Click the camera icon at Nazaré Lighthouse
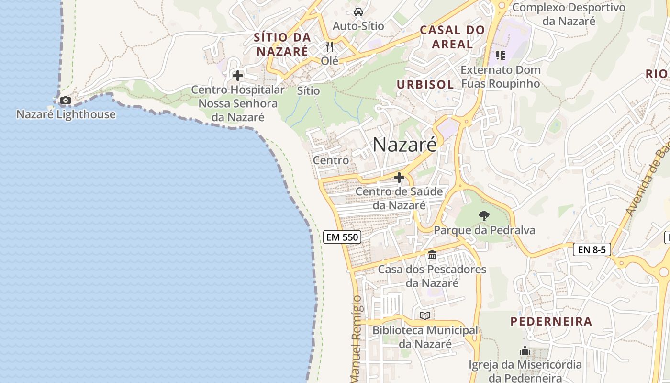pos(65,101)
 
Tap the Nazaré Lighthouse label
pos(66,114)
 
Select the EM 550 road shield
pos(342,237)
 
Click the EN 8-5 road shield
pos(592,249)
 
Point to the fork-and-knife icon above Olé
pos(329,46)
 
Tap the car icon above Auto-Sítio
pos(358,11)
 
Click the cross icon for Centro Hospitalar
pos(237,76)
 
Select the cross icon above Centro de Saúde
pos(399,178)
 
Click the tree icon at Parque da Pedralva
pos(484,216)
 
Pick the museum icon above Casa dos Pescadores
pos(432,255)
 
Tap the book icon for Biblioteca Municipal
pos(424,315)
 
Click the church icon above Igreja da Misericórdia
pos(525,351)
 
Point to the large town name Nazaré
pos(404,144)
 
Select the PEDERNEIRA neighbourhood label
pos(551,321)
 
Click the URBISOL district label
pos(425,85)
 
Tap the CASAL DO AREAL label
pos(452,37)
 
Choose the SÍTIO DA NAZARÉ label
pos(282,44)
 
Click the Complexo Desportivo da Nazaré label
pos(569,14)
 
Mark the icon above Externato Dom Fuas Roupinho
pos(500,56)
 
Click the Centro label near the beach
pos(331,160)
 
